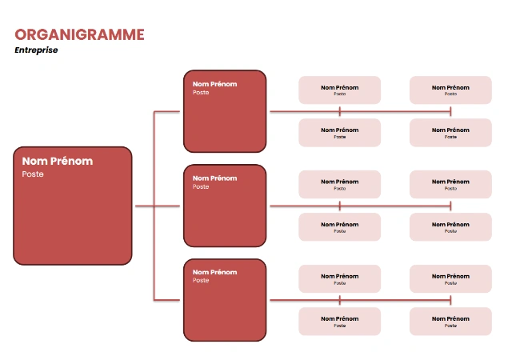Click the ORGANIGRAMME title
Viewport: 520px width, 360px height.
point(79,34)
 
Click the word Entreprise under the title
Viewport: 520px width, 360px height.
point(36,50)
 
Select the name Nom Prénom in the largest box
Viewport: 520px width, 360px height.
point(57,161)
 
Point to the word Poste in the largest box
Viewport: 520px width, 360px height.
point(33,174)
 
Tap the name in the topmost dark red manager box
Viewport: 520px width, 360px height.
point(214,83)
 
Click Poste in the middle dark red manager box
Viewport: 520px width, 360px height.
point(201,187)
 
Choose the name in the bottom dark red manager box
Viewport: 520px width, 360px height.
point(214,272)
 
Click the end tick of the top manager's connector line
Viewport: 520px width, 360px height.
point(450,111)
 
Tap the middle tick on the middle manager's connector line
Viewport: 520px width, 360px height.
point(340,206)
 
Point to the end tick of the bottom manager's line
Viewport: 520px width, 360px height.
point(450,300)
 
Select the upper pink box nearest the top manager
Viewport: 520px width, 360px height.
point(339,90)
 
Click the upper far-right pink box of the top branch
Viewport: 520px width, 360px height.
point(450,90)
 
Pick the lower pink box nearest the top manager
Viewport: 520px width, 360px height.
point(339,133)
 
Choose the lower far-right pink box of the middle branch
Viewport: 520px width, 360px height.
point(450,227)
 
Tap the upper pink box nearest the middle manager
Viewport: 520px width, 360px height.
point(339,184)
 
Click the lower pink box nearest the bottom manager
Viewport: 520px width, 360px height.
point(339,322)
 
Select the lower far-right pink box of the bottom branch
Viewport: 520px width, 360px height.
point(450,322)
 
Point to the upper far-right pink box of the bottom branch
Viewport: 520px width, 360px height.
point(450,278)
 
